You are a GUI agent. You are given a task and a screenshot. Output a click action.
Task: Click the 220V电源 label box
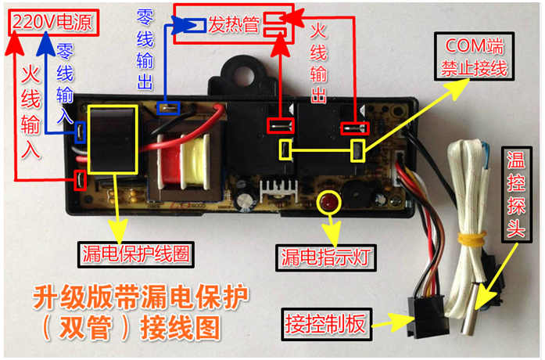pos(51,22)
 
